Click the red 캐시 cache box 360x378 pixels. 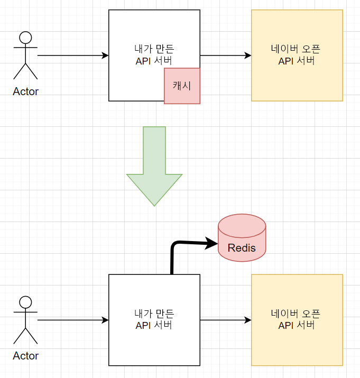coord(182,86)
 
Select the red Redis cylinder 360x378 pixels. coord(242,237)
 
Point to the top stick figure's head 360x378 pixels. coord(25,38)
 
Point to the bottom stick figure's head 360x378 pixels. coord(25,302)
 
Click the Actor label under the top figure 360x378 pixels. coord(25,91)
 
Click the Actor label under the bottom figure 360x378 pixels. coord(25,356)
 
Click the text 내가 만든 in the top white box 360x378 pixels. coord(154,50)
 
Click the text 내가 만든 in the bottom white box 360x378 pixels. coord(154,314)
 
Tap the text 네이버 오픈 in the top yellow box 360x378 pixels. coord(297,49)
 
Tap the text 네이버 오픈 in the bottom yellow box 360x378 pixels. coord(297,313)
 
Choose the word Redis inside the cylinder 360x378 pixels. coord(242,247)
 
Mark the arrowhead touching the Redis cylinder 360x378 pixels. coord(212,243)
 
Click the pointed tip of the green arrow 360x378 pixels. coord(154,204)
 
